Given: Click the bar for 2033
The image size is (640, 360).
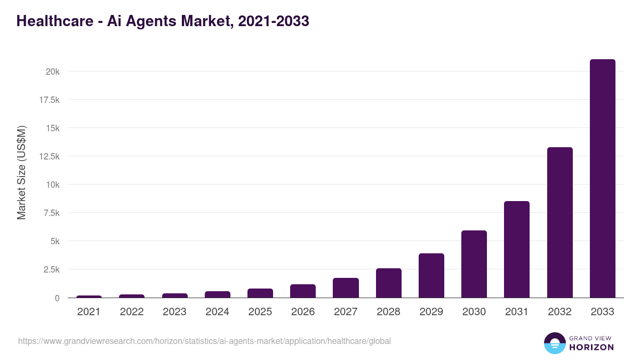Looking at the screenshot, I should [x=602, y=179].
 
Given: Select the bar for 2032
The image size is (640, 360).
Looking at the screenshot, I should [x=559, y=222].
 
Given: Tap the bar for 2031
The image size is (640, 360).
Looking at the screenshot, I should [x=517, y=250].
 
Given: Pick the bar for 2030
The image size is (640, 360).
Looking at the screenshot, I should [x=474, y=264].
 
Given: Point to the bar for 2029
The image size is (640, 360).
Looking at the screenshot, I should [x=431, y=276].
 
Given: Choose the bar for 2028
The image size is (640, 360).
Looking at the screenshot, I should [x=388, y=283].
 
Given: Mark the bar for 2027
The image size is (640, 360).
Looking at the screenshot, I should [x=346, y=288].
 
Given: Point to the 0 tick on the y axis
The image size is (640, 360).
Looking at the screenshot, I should [x=57, y=298].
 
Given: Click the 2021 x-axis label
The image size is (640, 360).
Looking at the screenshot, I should [x=89, y=312].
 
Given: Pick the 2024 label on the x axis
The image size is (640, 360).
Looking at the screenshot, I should [x=217, y=312].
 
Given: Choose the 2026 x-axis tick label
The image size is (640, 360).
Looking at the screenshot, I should [x=303, y=312].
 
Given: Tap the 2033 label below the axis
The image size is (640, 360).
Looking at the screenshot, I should [x=602, y=312].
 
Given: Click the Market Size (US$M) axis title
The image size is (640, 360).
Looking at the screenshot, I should [x=21, y=172].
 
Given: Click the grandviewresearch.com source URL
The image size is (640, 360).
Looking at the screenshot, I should [x=204, y=341].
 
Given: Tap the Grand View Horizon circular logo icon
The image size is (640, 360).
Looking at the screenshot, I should [x=555, y=343].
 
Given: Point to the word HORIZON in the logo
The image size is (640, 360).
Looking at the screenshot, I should [x=591, y=347].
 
